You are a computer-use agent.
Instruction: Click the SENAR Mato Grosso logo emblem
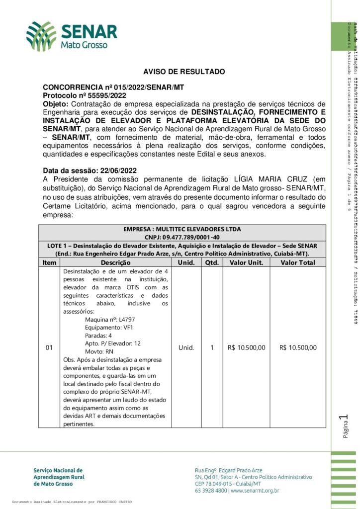point(41,36)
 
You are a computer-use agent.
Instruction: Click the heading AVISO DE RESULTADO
point(177,72)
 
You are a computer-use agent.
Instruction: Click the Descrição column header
point(115,262)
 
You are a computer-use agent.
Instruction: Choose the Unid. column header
point(186,262)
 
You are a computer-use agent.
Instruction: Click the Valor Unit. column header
point(246,262)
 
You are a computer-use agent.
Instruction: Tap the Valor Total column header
point(298,262)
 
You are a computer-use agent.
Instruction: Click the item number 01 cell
point(49,347)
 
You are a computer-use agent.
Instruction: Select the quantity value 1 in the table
point(211,347)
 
